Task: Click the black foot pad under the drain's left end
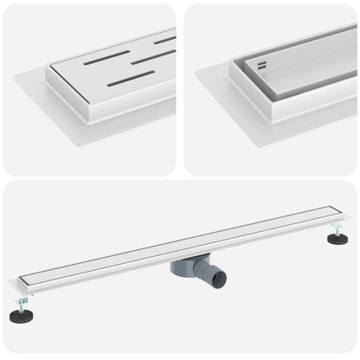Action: point(21,317)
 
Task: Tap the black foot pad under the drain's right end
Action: point(337,238)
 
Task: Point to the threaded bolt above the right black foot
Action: point(336,228)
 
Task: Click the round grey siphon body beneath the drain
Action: point(188,265)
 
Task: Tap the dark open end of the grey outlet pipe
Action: point(217,280)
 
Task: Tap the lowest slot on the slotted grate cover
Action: point(131,79)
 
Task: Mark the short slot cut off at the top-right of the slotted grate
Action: point(164,40)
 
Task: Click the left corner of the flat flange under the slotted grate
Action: point(16,77)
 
